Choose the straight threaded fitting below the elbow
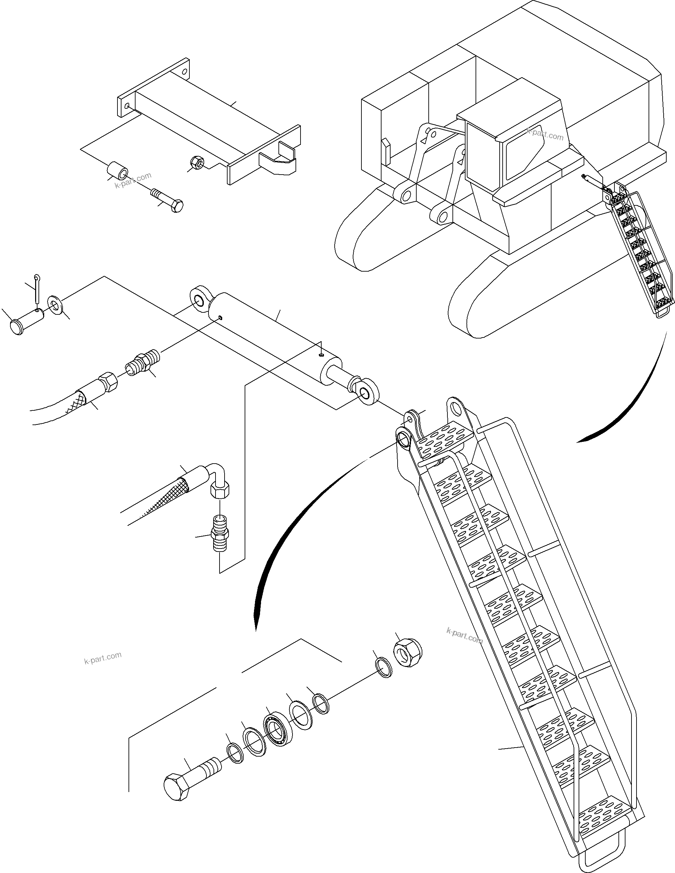(220, 533)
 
